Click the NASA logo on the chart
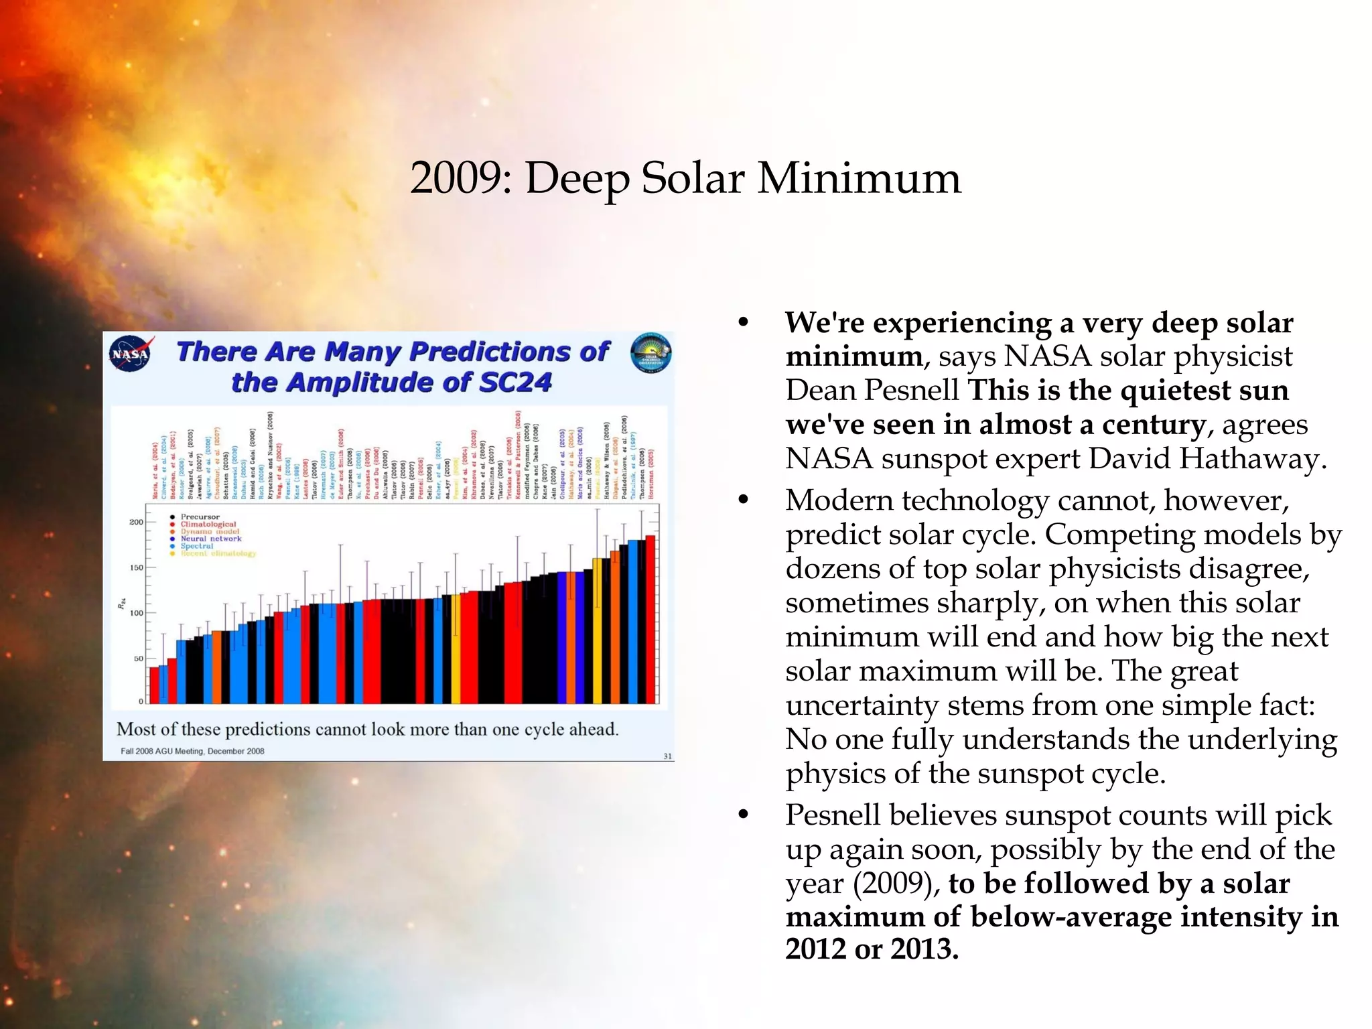click(x=131, y=353)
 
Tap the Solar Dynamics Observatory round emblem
click(x=650, y=352)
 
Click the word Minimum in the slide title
click(x=859, y=179)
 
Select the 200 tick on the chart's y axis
click(x=136, y=522)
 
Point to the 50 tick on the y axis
click(x=138, y=659)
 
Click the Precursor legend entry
click(x=200, y=517)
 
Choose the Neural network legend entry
click(x=210, y=539)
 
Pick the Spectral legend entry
click(x=196, y=546)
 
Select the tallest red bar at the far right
click(x=650, y=620)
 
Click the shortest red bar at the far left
click(x=154, y=685)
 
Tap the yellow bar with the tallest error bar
click(x=597, y=630)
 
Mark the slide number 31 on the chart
click(x=667, y=756)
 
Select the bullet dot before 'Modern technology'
click(x=743, y=499)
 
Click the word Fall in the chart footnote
click(x=127, y=751)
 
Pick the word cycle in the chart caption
click(x=545, y=729)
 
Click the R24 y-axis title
click(x=122, y=603)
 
